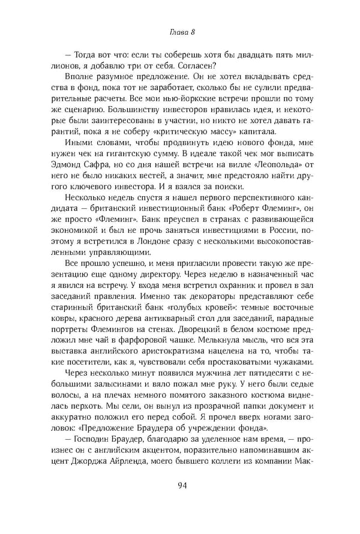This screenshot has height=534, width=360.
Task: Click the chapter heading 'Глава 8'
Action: pos(179,31)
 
